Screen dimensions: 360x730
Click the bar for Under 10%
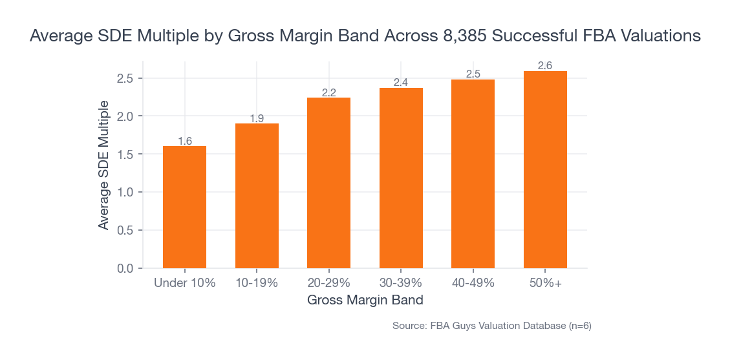[x=184, y=207]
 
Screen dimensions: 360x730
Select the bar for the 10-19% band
[x=257, y=196]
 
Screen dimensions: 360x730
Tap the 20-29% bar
[x=328, y=183]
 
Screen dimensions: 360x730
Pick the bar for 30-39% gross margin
[x=401, y=178]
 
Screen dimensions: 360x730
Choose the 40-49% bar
[x=473, y=174]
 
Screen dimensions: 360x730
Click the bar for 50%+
[x=545, y=169]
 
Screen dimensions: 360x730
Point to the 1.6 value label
[x=184, y=141]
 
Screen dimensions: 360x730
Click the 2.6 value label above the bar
[x=545, y=65]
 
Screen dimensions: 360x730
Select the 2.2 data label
[x=328, y=92]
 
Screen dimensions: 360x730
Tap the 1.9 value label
[x=257, y=118]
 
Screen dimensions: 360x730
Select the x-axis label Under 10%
[x=184, y=283]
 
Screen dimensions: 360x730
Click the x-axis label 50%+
[x=545, y=283]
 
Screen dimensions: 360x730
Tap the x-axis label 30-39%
[x=401, y=283]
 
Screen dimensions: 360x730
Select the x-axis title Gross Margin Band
[x=365, y=300]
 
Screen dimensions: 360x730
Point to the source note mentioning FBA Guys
[x=491, y=326]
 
